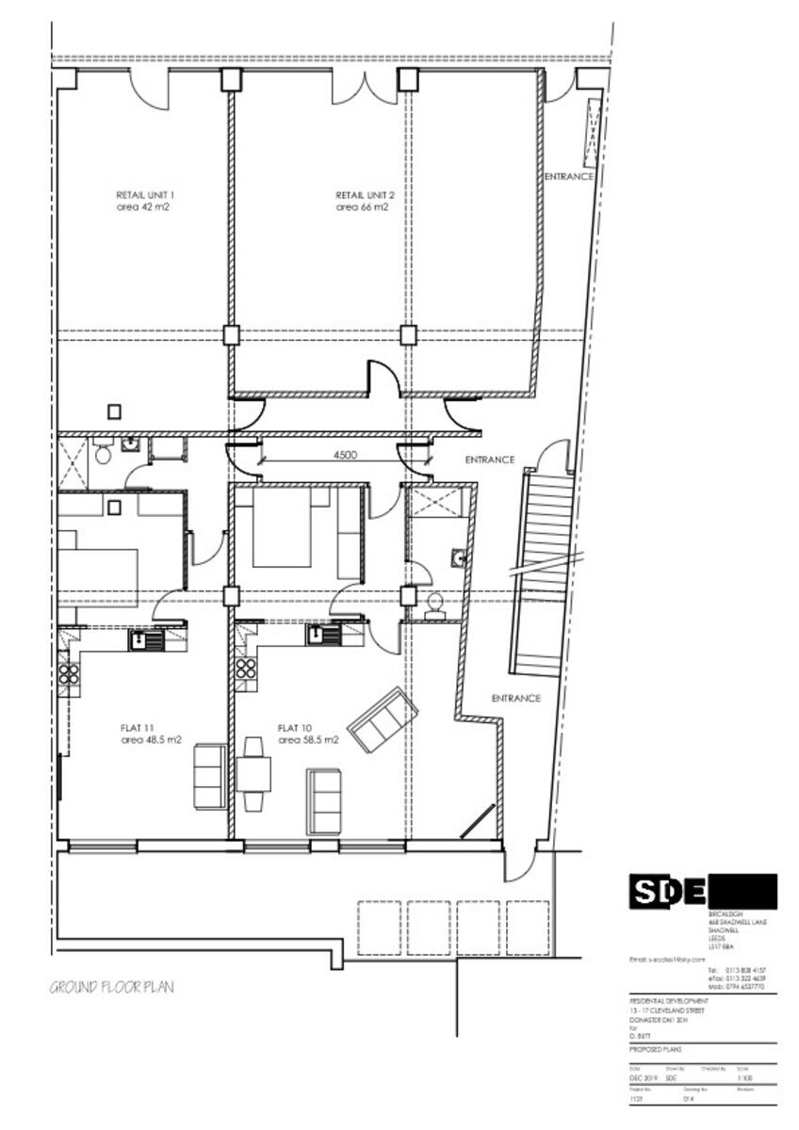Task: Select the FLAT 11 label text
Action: point(138,728)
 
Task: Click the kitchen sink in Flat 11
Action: point(146,641)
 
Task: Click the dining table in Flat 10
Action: point(253,774)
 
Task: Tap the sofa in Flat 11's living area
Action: point(209,776)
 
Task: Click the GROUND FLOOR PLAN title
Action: point(111,988)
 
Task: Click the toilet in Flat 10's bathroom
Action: point(435,605)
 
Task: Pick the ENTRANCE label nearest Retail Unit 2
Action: point(569,176)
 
